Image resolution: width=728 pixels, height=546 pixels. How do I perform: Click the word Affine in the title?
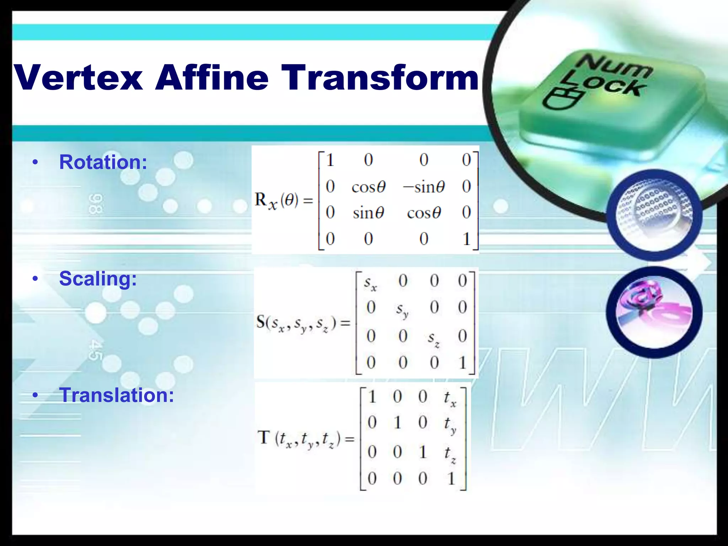point(212,77)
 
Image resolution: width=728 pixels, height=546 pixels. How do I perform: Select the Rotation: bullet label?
point(103,162)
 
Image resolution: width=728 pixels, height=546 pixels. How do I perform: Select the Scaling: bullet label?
point(98,278)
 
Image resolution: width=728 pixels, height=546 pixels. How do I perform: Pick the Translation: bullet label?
point(117,395)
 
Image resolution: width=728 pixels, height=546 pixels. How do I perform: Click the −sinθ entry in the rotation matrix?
point(423,187)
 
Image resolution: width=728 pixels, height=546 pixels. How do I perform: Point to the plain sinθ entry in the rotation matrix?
point(368,213)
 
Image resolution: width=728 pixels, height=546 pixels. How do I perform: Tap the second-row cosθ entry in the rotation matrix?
point(368,187)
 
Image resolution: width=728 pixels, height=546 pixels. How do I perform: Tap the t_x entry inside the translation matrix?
point(450,398)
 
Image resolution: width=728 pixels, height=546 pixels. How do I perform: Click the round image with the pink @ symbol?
point(654,312)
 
